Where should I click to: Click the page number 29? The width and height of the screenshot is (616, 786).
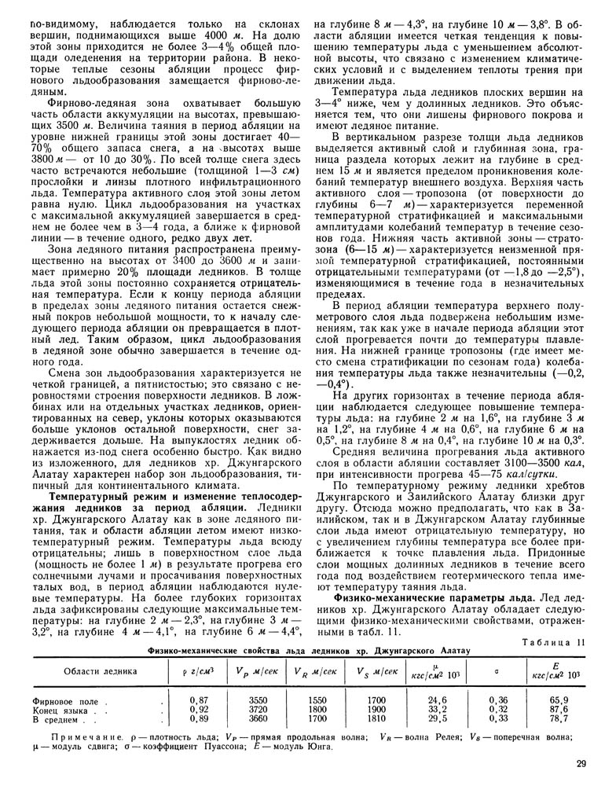click(x=581, y=762)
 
